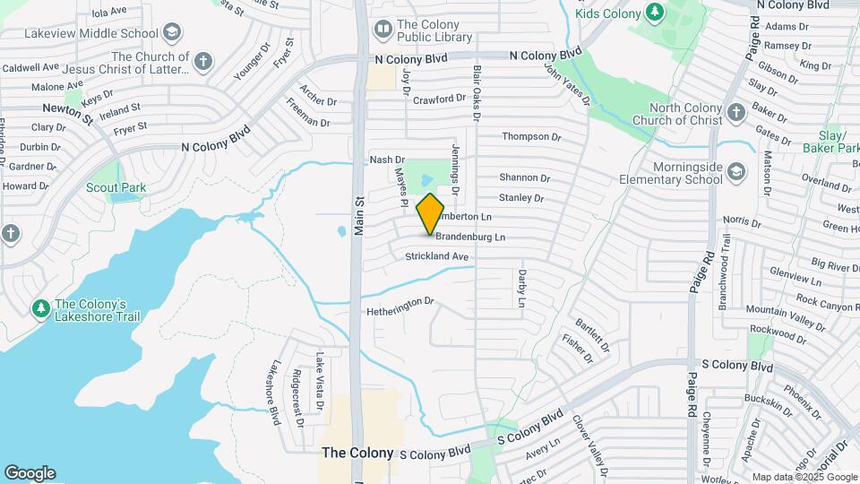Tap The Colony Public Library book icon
point(383,30)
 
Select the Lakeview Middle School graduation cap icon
point(172,32)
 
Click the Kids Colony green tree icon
point(656,13)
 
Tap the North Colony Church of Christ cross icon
point(736,113)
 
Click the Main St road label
point(359,216)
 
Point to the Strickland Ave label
point(437,256)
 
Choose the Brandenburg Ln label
point(470,238)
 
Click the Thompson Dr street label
point(530,137)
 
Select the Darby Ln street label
point(521,289)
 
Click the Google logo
point(30,472)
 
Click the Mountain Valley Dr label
point(785,316)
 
